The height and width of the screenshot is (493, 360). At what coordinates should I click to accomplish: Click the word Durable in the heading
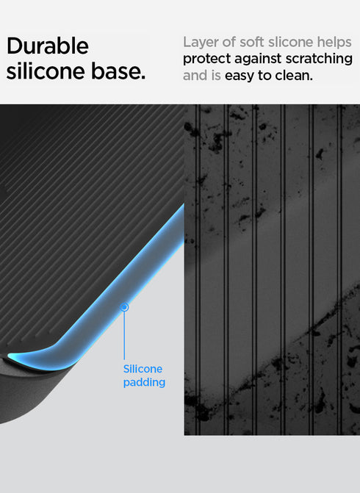tap(47, 46)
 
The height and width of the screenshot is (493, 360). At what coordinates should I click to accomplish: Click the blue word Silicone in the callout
tap(143, 369)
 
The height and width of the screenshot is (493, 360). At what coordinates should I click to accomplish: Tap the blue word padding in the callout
tap(144, 382)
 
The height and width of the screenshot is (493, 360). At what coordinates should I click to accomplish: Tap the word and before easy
tap(195, 76)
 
